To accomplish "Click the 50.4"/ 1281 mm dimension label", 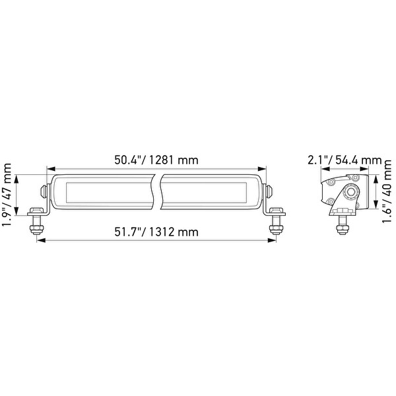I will point(156,160).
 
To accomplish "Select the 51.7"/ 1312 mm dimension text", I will point(156,232).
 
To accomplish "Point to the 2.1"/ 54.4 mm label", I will point(345,160).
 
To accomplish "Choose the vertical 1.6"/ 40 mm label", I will point(387,194).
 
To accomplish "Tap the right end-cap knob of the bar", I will point(269,191).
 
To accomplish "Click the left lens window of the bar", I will point(106,191).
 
